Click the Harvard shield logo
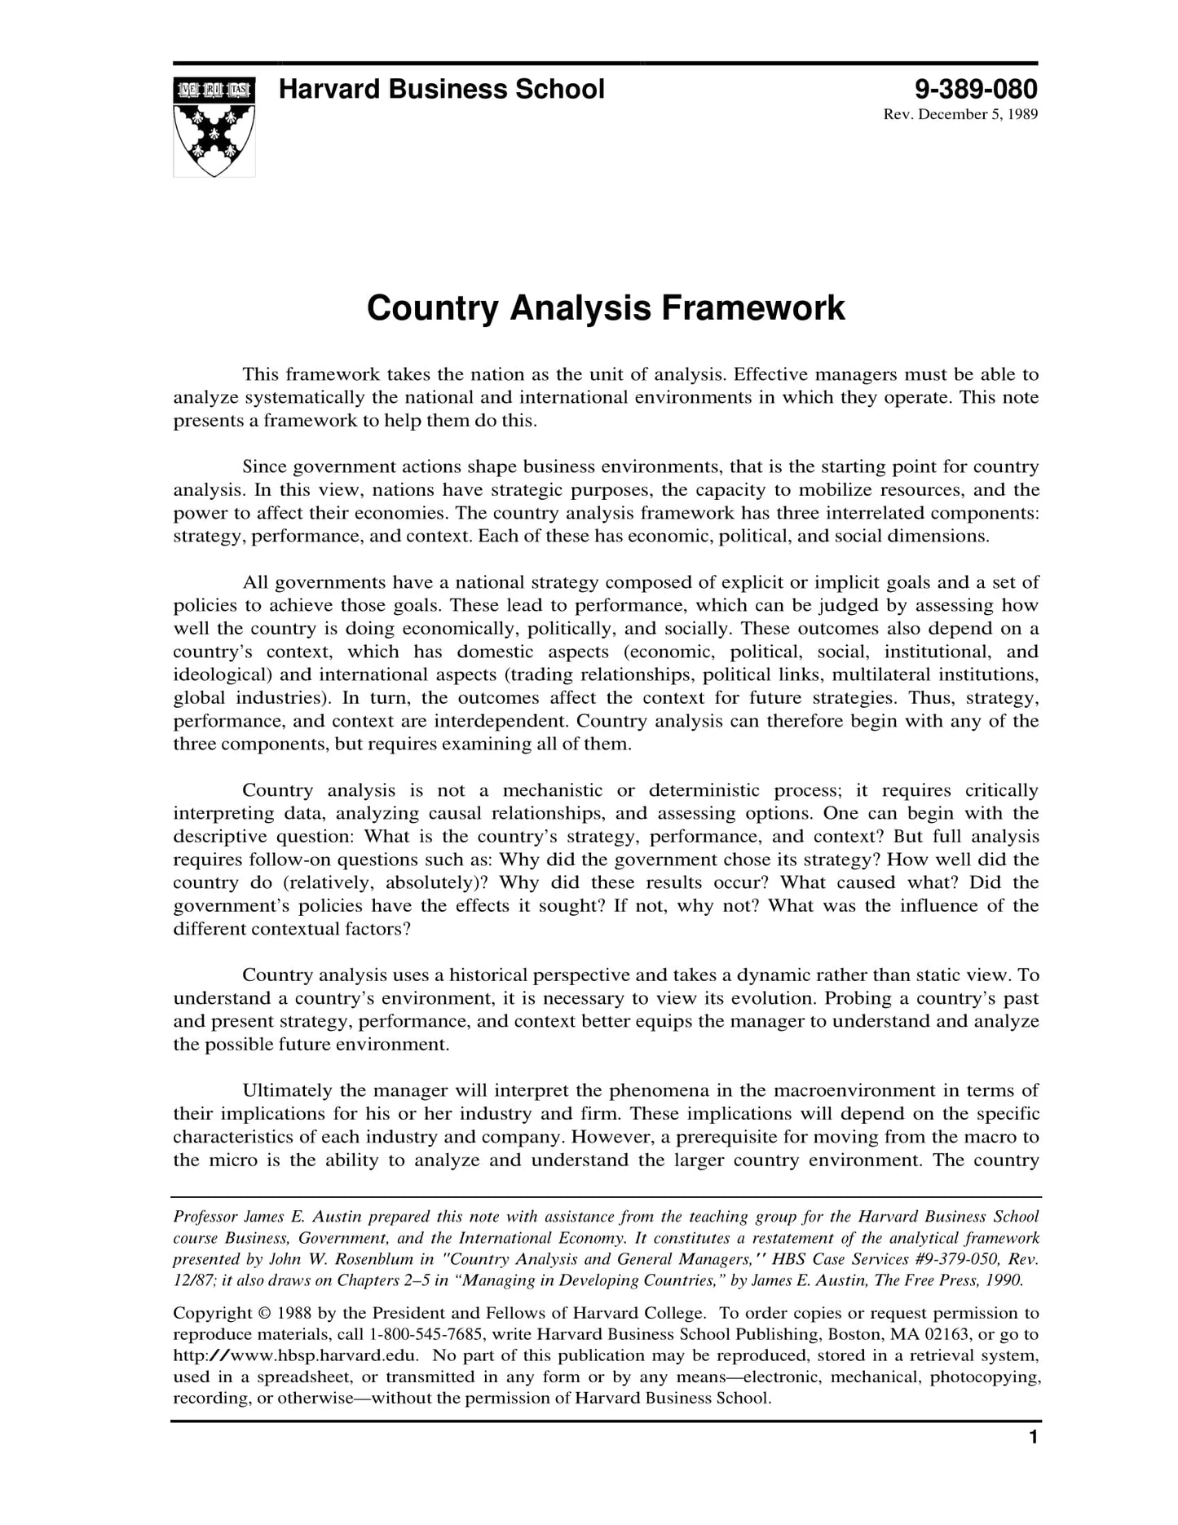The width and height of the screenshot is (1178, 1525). tap(214, 127)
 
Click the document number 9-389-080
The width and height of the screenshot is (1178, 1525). tap(975, 89)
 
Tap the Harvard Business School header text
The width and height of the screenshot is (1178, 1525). tap(441, 89)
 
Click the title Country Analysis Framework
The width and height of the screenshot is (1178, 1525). tap(606, 308)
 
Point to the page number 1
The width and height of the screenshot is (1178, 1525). tap(1033, 1438)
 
